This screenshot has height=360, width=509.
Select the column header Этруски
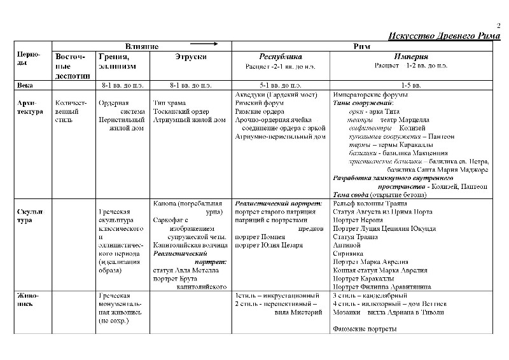tap(190, 57)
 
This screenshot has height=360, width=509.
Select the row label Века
tap(25, 85)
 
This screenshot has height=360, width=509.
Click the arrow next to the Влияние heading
tap(204, 45)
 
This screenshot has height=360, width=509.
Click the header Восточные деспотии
tap(72, 66)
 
